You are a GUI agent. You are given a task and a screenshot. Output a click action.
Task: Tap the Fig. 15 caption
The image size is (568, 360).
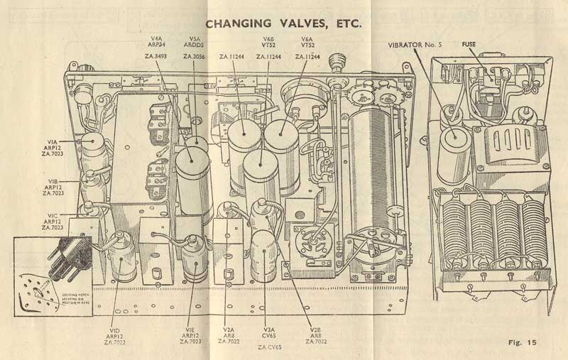523,343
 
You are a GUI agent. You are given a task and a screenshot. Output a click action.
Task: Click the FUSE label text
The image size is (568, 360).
469,43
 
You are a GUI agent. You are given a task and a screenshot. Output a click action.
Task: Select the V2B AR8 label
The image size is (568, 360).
316,335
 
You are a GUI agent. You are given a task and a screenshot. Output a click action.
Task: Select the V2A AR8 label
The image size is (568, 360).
228,335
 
